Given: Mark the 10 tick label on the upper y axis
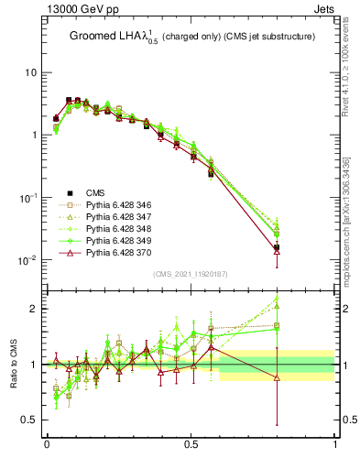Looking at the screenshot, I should (x=30, y=72).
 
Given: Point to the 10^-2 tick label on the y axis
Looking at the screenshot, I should (x=27, y=261).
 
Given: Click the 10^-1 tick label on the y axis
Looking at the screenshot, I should (x=27, y=198).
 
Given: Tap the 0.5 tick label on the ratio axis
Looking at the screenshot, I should (x=30, y=420).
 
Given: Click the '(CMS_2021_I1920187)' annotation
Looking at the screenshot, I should (x=191, y=274).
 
